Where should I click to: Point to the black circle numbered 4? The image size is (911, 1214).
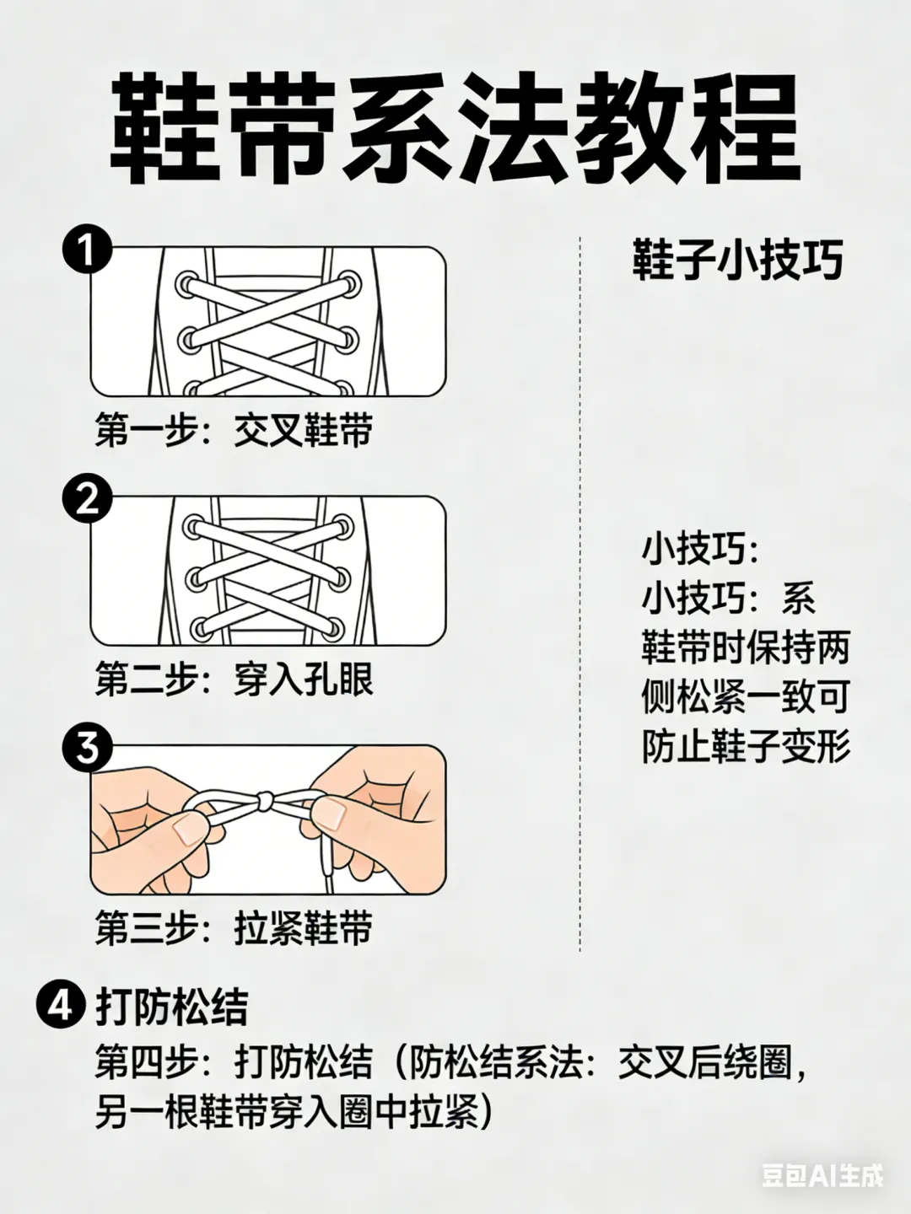(x=62, y=1004)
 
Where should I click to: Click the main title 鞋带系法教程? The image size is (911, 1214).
(x=455, y=128)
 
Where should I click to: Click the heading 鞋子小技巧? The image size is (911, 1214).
(x=737, y=260)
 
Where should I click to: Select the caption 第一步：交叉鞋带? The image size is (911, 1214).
(x=234, y=429)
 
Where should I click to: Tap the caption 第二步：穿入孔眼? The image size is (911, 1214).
(x=234, y=678)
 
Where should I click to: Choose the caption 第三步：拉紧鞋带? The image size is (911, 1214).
(x=234, y=927)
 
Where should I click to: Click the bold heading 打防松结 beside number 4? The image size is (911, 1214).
(x=172, y=1006)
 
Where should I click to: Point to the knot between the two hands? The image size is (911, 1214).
(x=264, y=800)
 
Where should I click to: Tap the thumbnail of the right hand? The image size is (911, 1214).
(x=330, y=814)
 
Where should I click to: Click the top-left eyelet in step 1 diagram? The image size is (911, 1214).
(x=188, y=285)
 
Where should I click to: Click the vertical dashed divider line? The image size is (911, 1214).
(x=579, y=594)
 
